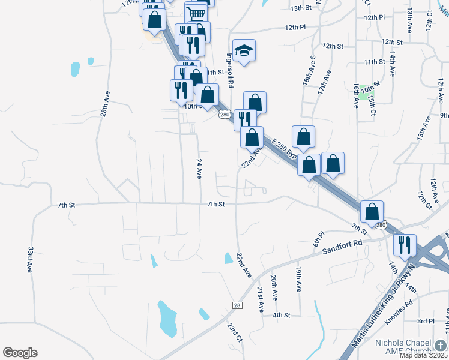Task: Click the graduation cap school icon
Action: (244, 50)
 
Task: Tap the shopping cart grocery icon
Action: (196, 13)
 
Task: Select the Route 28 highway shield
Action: (237, 306)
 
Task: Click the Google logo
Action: (20, 353)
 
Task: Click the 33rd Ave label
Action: (30, 259)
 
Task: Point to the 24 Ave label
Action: (199, 169)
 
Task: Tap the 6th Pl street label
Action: (318, 238)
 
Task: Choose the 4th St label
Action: (281, 315)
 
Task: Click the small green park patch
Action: (364, 96)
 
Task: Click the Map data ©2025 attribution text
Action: (423, 355)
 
